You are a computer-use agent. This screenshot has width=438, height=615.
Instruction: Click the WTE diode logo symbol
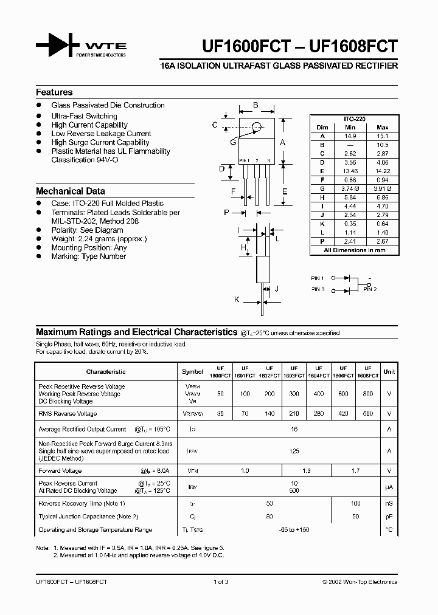(x=58, y=46)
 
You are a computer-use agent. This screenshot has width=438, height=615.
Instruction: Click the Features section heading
(x=54, y=92)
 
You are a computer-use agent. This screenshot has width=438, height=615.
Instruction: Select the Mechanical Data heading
(x=70, y=191)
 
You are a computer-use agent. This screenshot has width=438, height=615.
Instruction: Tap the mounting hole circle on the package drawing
(x=257, y=126)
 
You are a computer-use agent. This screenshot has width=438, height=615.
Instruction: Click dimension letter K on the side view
(x=237, y=300)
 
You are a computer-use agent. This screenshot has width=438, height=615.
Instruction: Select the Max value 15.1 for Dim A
(x=383, y=136)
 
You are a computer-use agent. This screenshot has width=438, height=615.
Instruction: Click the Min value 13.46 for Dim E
(x=349, y=172)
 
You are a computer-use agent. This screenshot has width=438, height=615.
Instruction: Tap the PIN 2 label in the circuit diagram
(x=370, y=290)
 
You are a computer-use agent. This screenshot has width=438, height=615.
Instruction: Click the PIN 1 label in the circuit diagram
(x=318, y=278)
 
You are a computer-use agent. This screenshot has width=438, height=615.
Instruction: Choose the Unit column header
(x=389, y=372)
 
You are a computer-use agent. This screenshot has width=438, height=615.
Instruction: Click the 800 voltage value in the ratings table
(x=367, y=394)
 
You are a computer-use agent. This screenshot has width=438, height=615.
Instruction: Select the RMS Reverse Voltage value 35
(x=220, y=414)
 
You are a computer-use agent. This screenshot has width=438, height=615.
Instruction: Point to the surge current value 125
(x=294, y=452)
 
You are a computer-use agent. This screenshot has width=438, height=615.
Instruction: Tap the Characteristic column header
(x=106, y=372)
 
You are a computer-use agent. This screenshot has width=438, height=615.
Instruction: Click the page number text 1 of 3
(x=220, y=582)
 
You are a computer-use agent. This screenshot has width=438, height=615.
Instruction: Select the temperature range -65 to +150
(x=294, y=530)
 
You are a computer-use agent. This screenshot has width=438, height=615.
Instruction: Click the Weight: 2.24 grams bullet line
(x=99, y=239)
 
